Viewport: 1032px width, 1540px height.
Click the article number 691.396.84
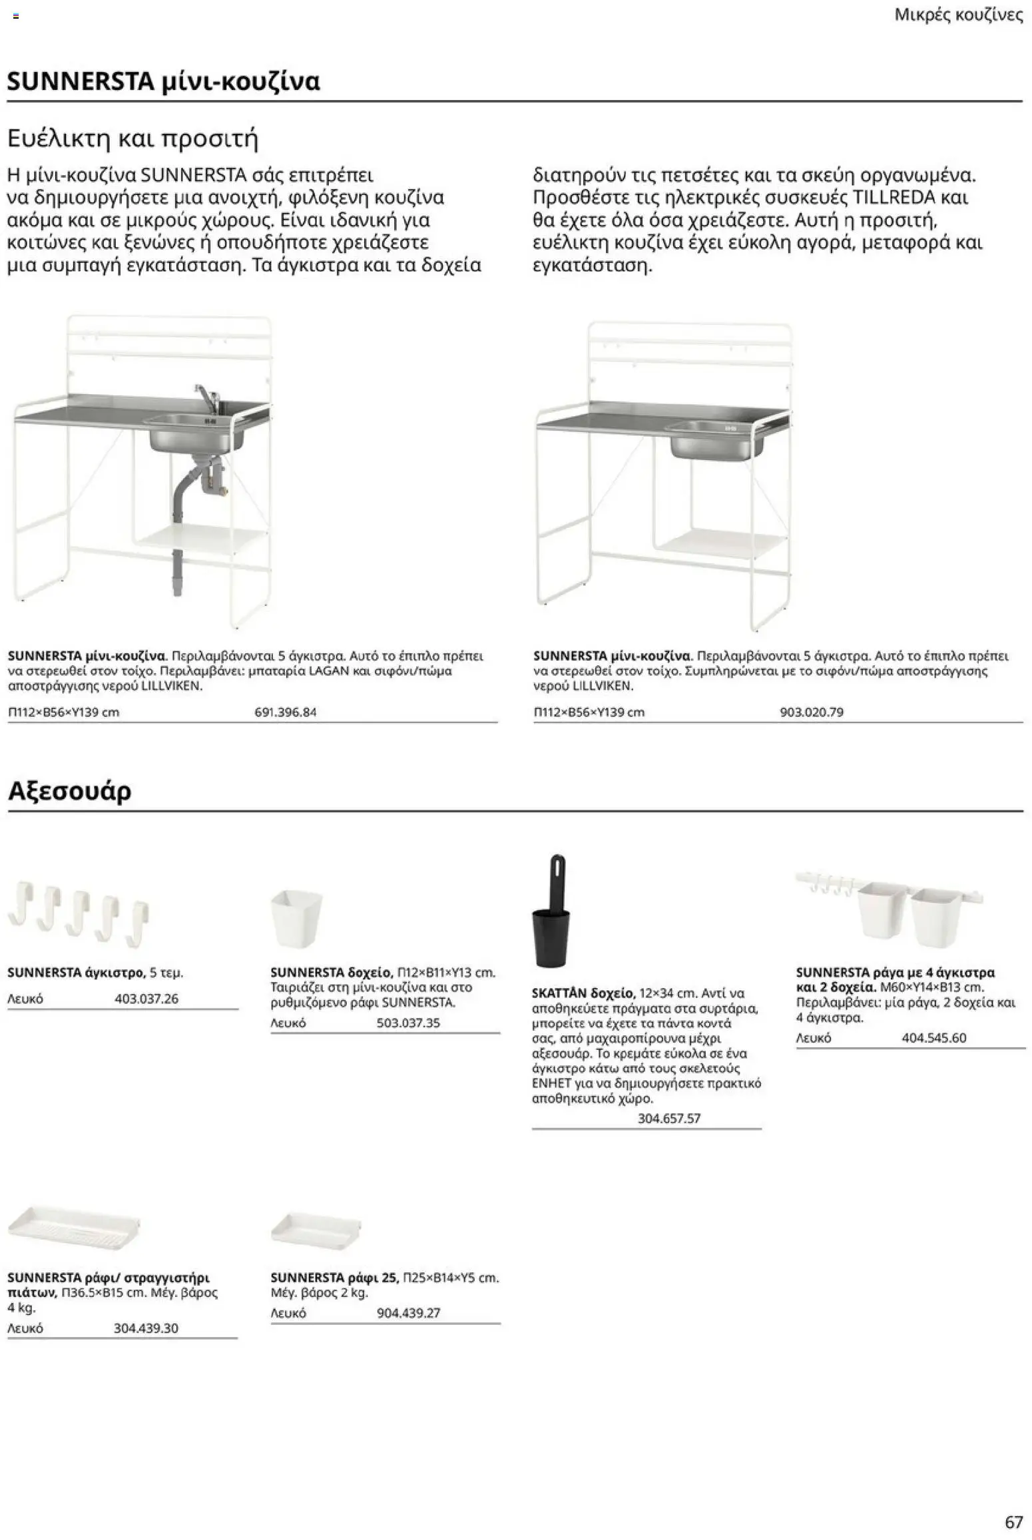click(x=285, y=712)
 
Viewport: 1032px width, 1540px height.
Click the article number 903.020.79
click(x=811, y=712)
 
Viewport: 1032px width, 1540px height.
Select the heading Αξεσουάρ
click(x=69, y=790)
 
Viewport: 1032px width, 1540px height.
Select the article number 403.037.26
click(x=146, y=999)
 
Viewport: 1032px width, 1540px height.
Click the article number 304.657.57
click(x=668, y=1119)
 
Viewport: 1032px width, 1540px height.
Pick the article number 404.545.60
click(x=933, y=1038)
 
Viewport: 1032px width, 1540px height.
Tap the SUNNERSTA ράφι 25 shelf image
click(x=316, y=1227)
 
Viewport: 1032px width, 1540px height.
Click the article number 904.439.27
click(x=408, y=1313)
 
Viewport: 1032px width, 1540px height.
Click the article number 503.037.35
click(x=408, y=1023)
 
